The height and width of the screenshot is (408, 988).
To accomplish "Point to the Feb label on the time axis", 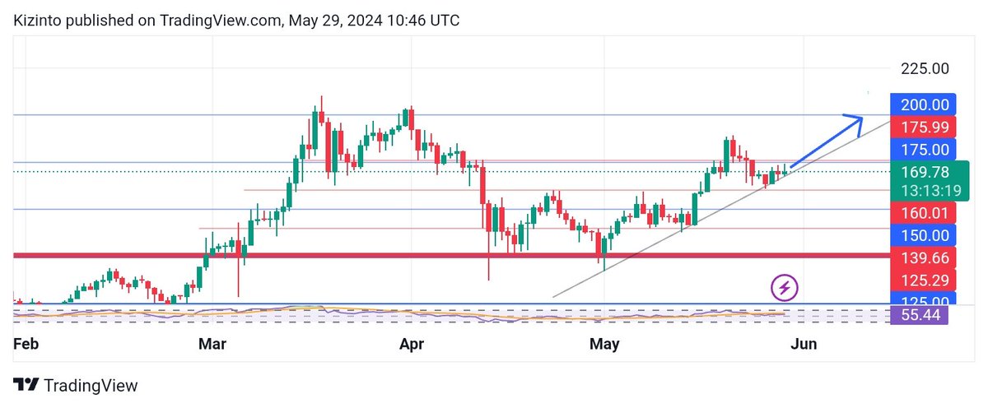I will coord(26,345).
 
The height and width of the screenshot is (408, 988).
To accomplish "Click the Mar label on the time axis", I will coord(212,345).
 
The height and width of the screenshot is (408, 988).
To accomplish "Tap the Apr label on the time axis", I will coord(411,345).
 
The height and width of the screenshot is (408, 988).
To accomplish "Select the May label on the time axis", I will coord(604,345).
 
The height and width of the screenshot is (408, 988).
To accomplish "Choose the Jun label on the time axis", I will coord(804,345).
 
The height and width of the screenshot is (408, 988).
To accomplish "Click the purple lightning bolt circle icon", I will coord(785,288).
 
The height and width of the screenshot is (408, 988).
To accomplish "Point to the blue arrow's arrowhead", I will coord(856,121).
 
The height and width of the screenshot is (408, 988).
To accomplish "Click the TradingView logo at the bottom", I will coord(76,386).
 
